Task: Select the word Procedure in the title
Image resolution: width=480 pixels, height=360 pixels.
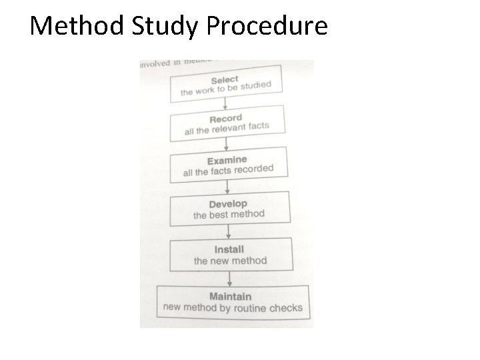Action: pyautogui.click(x=267, y=26)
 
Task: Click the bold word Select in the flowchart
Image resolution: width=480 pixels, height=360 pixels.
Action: pyautogui.click(x=225, y=80)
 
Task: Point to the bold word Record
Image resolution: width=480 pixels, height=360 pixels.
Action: pyautogui.click(x=226, y=119)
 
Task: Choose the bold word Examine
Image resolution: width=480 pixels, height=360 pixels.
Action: pyautogui.click(x=227, y=161)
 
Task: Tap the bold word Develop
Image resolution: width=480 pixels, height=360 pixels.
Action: pyautogui.click(x=228, y=204)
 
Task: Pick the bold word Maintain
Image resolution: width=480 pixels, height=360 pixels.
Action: pyautogui.click(x=231, y=296)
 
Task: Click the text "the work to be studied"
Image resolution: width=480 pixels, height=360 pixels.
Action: pyautogui.click(x=226, y=89)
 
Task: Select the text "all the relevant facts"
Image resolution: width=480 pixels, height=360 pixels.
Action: pyautogui.click(x=227, y=128)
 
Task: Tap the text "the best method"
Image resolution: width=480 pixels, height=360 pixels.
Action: pyautogui.click(x=229, y=215)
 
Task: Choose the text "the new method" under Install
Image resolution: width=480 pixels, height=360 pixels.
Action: pyautogui.click(x=230, y=261)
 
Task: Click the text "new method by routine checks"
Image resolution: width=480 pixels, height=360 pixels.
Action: pyautogui.click(x=233, y=308)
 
